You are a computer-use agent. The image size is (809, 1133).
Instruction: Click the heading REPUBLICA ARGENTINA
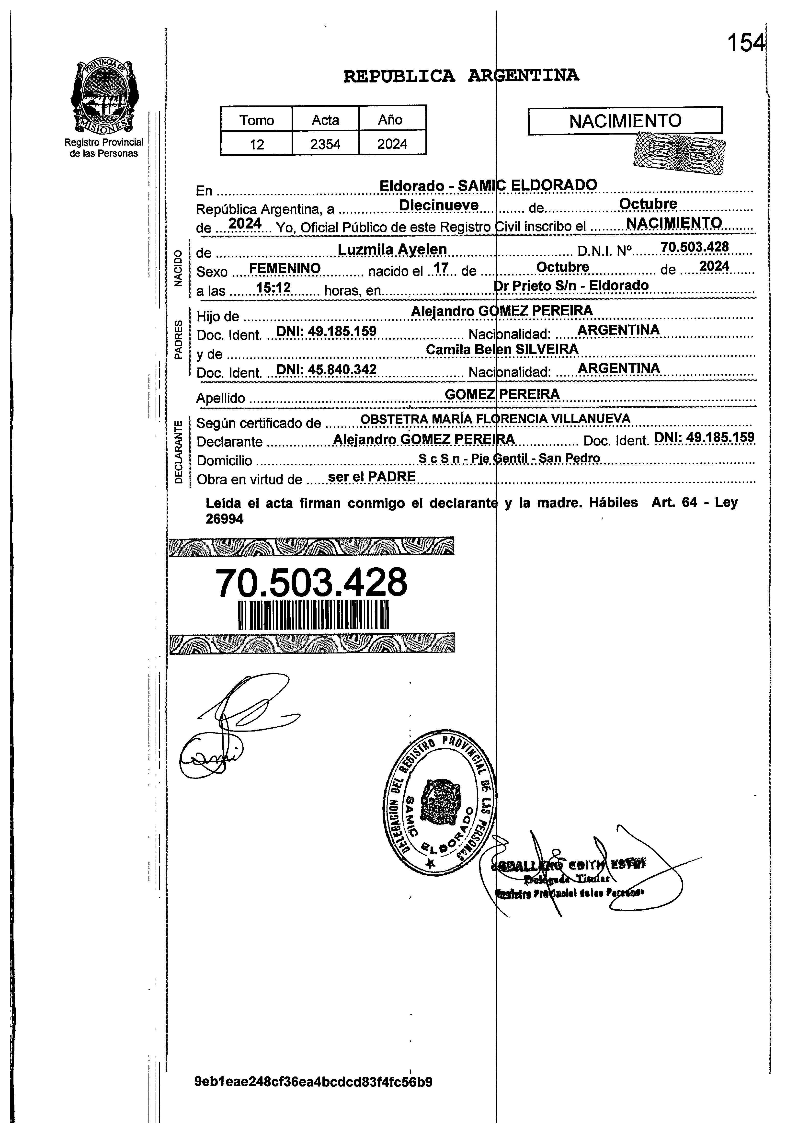coord(461,76)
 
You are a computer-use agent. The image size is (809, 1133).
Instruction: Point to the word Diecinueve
coord(439,205)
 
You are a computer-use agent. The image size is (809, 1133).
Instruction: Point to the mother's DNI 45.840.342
coord(326,369)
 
